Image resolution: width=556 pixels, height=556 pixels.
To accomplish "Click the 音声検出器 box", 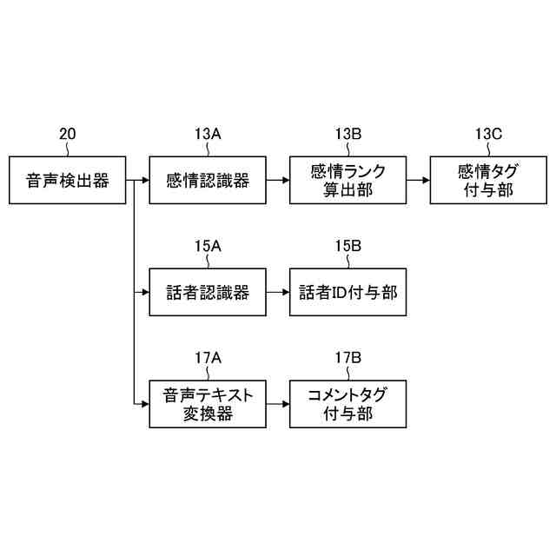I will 67,181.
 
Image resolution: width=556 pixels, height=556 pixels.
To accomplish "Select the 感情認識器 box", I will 208,181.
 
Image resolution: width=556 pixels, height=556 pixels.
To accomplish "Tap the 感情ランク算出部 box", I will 347,181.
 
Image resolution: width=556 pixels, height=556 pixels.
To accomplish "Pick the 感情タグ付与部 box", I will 488,181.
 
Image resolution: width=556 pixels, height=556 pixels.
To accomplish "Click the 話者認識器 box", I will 208,293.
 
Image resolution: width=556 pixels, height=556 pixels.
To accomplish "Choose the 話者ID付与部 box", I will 347,293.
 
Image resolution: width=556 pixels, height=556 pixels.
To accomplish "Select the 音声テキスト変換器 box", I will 208,404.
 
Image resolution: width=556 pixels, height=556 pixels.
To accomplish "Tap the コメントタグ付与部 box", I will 347,404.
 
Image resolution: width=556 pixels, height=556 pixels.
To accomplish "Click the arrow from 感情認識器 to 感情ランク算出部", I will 278,181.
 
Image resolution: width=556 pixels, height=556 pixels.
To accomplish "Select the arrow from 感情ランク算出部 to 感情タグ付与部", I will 418,181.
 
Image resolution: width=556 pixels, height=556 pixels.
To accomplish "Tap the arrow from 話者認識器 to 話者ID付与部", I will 278,293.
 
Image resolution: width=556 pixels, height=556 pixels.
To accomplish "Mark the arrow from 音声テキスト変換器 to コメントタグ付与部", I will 278,404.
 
